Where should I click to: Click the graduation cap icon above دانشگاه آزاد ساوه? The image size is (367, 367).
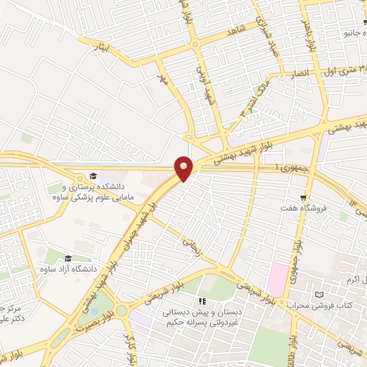(68, 258)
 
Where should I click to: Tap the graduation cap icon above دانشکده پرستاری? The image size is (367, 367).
(92, 176)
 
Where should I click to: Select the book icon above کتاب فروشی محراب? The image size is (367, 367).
(319, 295)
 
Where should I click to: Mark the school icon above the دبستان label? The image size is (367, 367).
(202, 302)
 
